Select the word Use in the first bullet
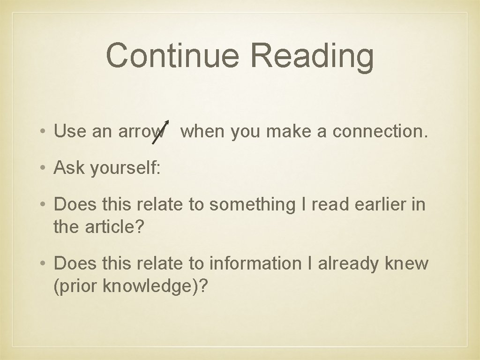click(70, 131)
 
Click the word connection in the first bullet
click(380, 131)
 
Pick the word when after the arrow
click(202, 131)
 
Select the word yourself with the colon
click(126, 168)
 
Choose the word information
click(255, 263)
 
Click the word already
click(349, 264)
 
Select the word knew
click(406, 263)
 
